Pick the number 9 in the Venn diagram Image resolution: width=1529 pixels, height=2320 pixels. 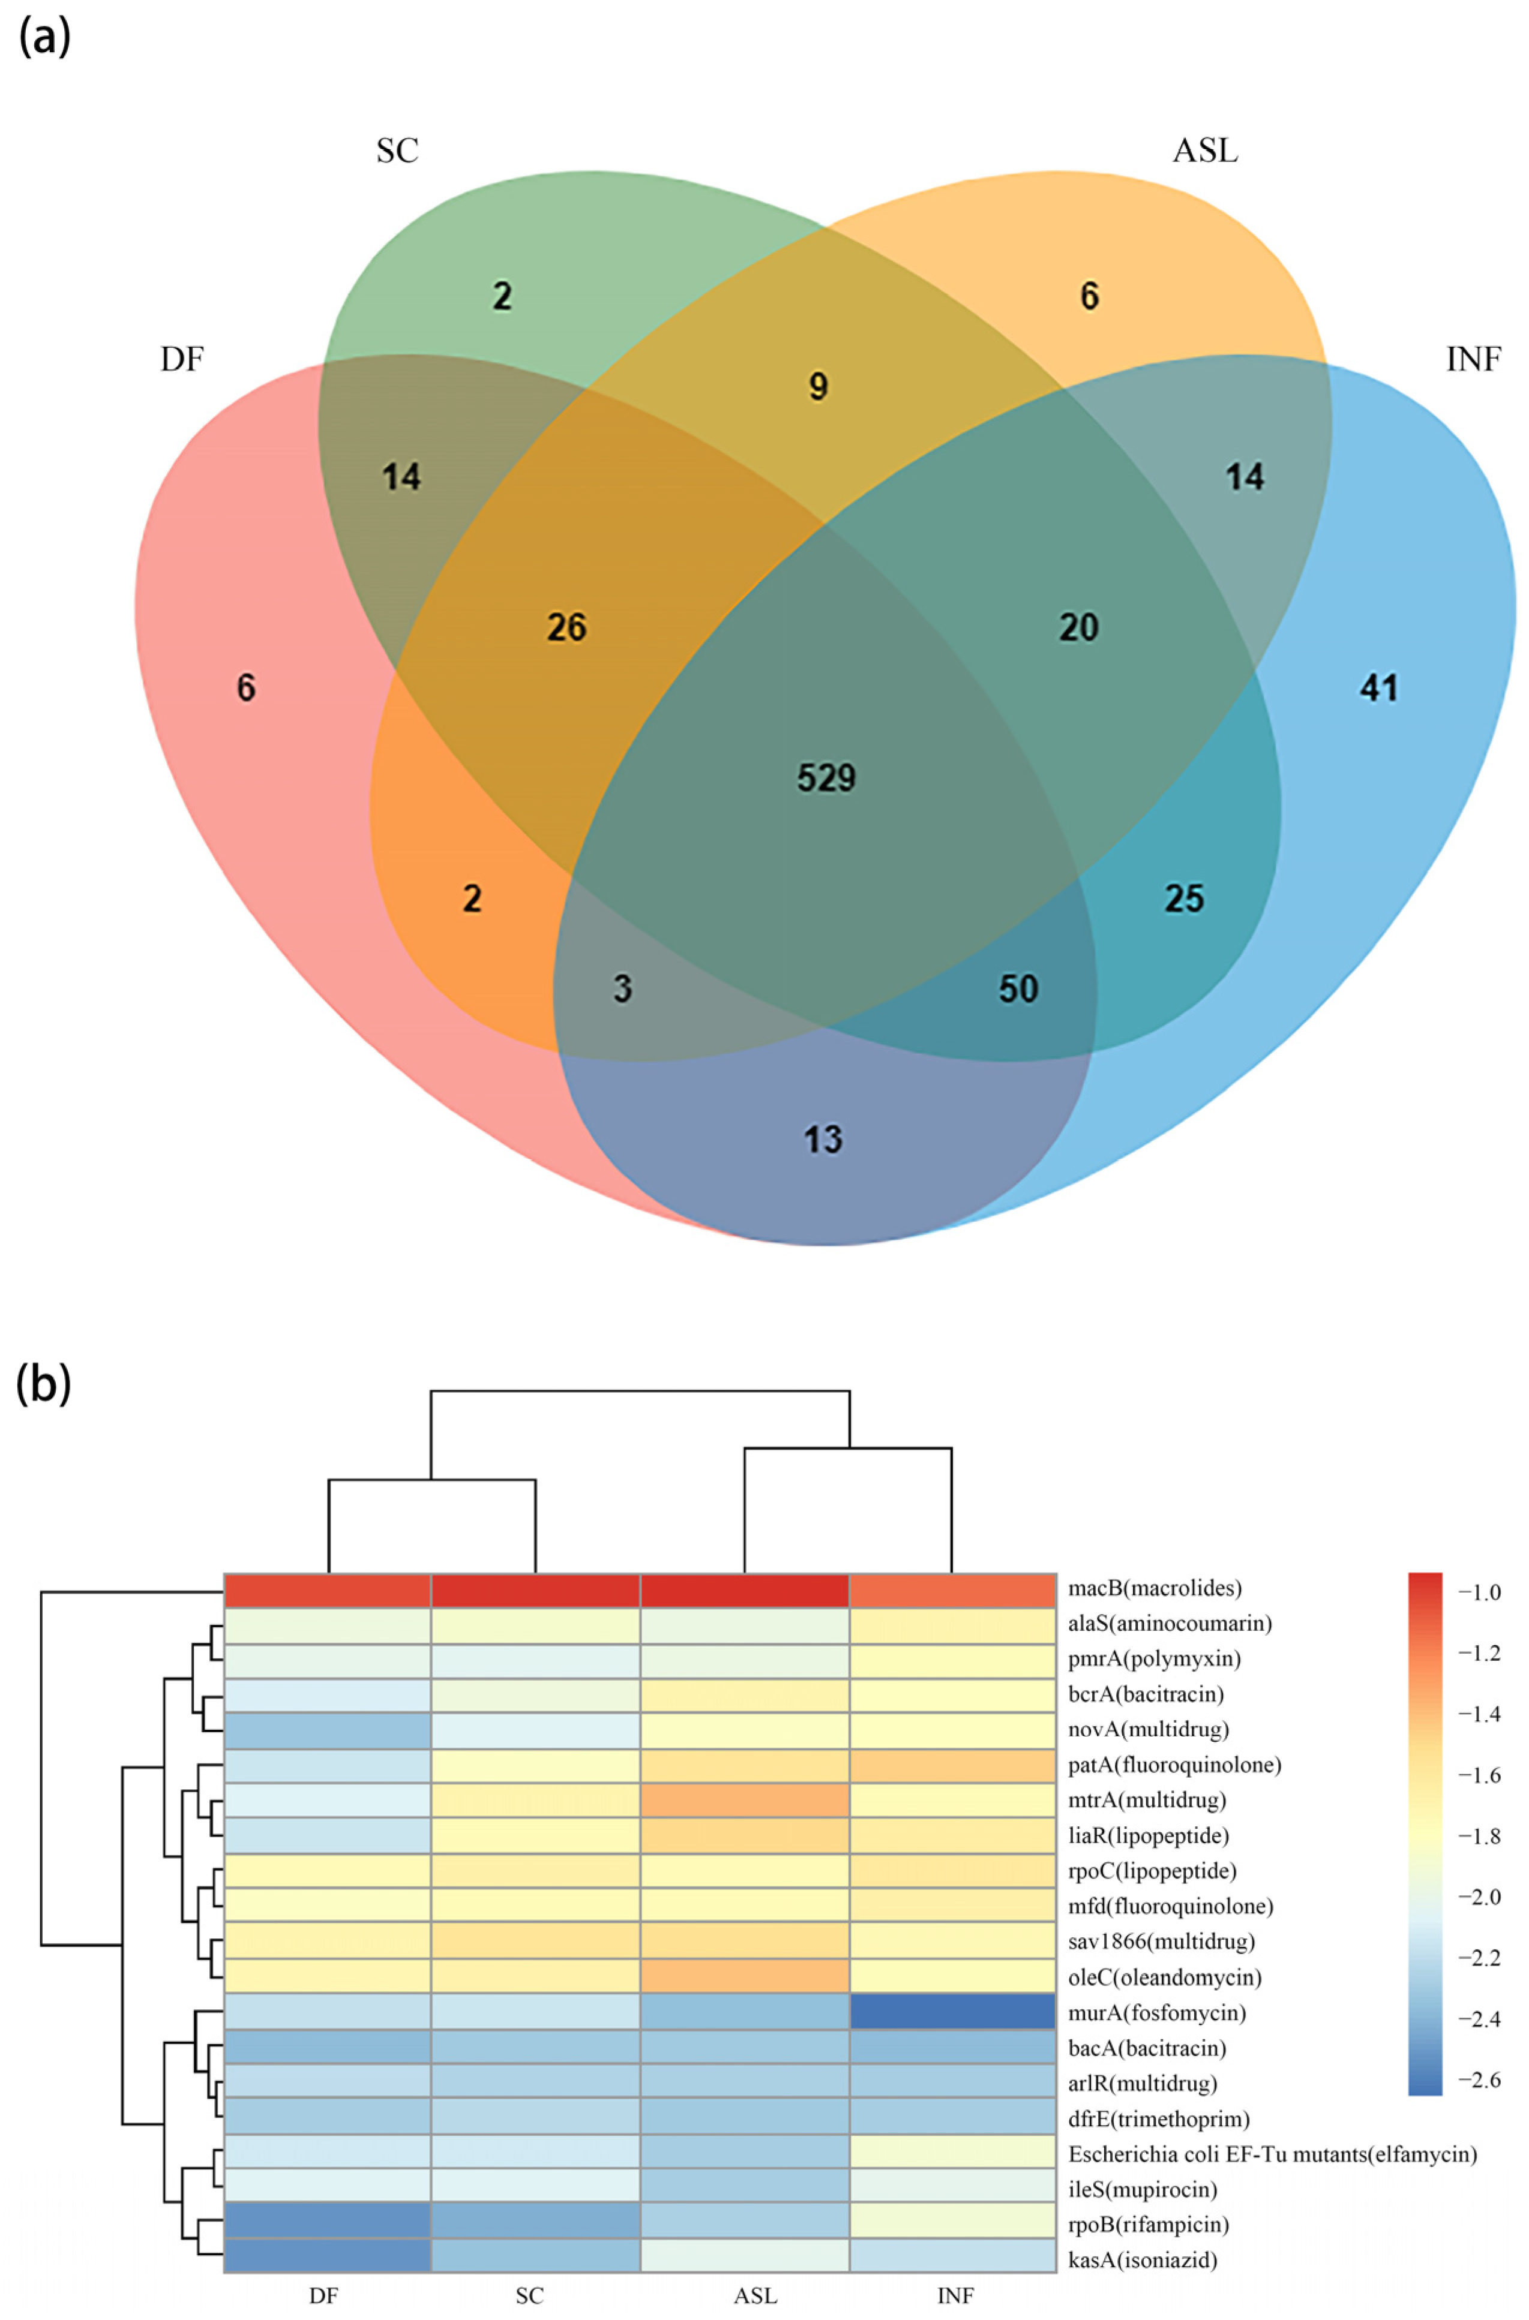(x=818, y=386)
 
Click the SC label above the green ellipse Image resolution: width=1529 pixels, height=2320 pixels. (x=397, y=150)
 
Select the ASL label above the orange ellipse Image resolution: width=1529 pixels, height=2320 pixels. (x=1205, y=150)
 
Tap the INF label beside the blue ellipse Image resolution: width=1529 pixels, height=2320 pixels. (x=1473, y=360)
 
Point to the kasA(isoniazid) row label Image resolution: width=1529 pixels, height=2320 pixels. (x=1142, y=2259)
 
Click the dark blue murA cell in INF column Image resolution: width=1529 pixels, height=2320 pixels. (x=953, y=2012)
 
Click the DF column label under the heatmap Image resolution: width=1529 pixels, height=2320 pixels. (x=324, y=2295)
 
